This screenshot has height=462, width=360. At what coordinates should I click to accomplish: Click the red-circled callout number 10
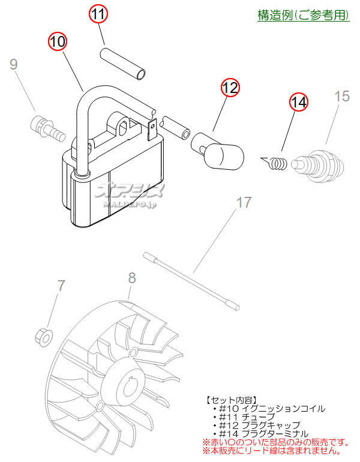(58, 41)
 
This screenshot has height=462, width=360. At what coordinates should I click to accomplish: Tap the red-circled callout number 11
(98, 14)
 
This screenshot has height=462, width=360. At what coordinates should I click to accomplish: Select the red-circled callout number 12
(230, 88)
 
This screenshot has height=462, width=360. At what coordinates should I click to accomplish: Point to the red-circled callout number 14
(299, 102)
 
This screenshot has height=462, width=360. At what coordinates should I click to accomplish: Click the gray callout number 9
(14, 64)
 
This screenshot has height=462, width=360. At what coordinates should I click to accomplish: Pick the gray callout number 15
(342, 97)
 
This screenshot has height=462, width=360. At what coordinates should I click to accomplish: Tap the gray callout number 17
(244, 202)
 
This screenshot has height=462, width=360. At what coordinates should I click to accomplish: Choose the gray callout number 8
(132, 278)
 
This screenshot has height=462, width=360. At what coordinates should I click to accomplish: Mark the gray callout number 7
(61, 286)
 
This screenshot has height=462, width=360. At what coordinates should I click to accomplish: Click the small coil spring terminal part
(275, 163)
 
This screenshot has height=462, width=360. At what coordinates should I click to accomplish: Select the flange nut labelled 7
(44, 337)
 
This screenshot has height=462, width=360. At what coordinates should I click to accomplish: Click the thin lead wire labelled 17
(192, 281)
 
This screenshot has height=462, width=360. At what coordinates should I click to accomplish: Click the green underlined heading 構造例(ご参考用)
(304, 15)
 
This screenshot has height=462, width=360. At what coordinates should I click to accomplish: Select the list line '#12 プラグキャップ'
(256, 425)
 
